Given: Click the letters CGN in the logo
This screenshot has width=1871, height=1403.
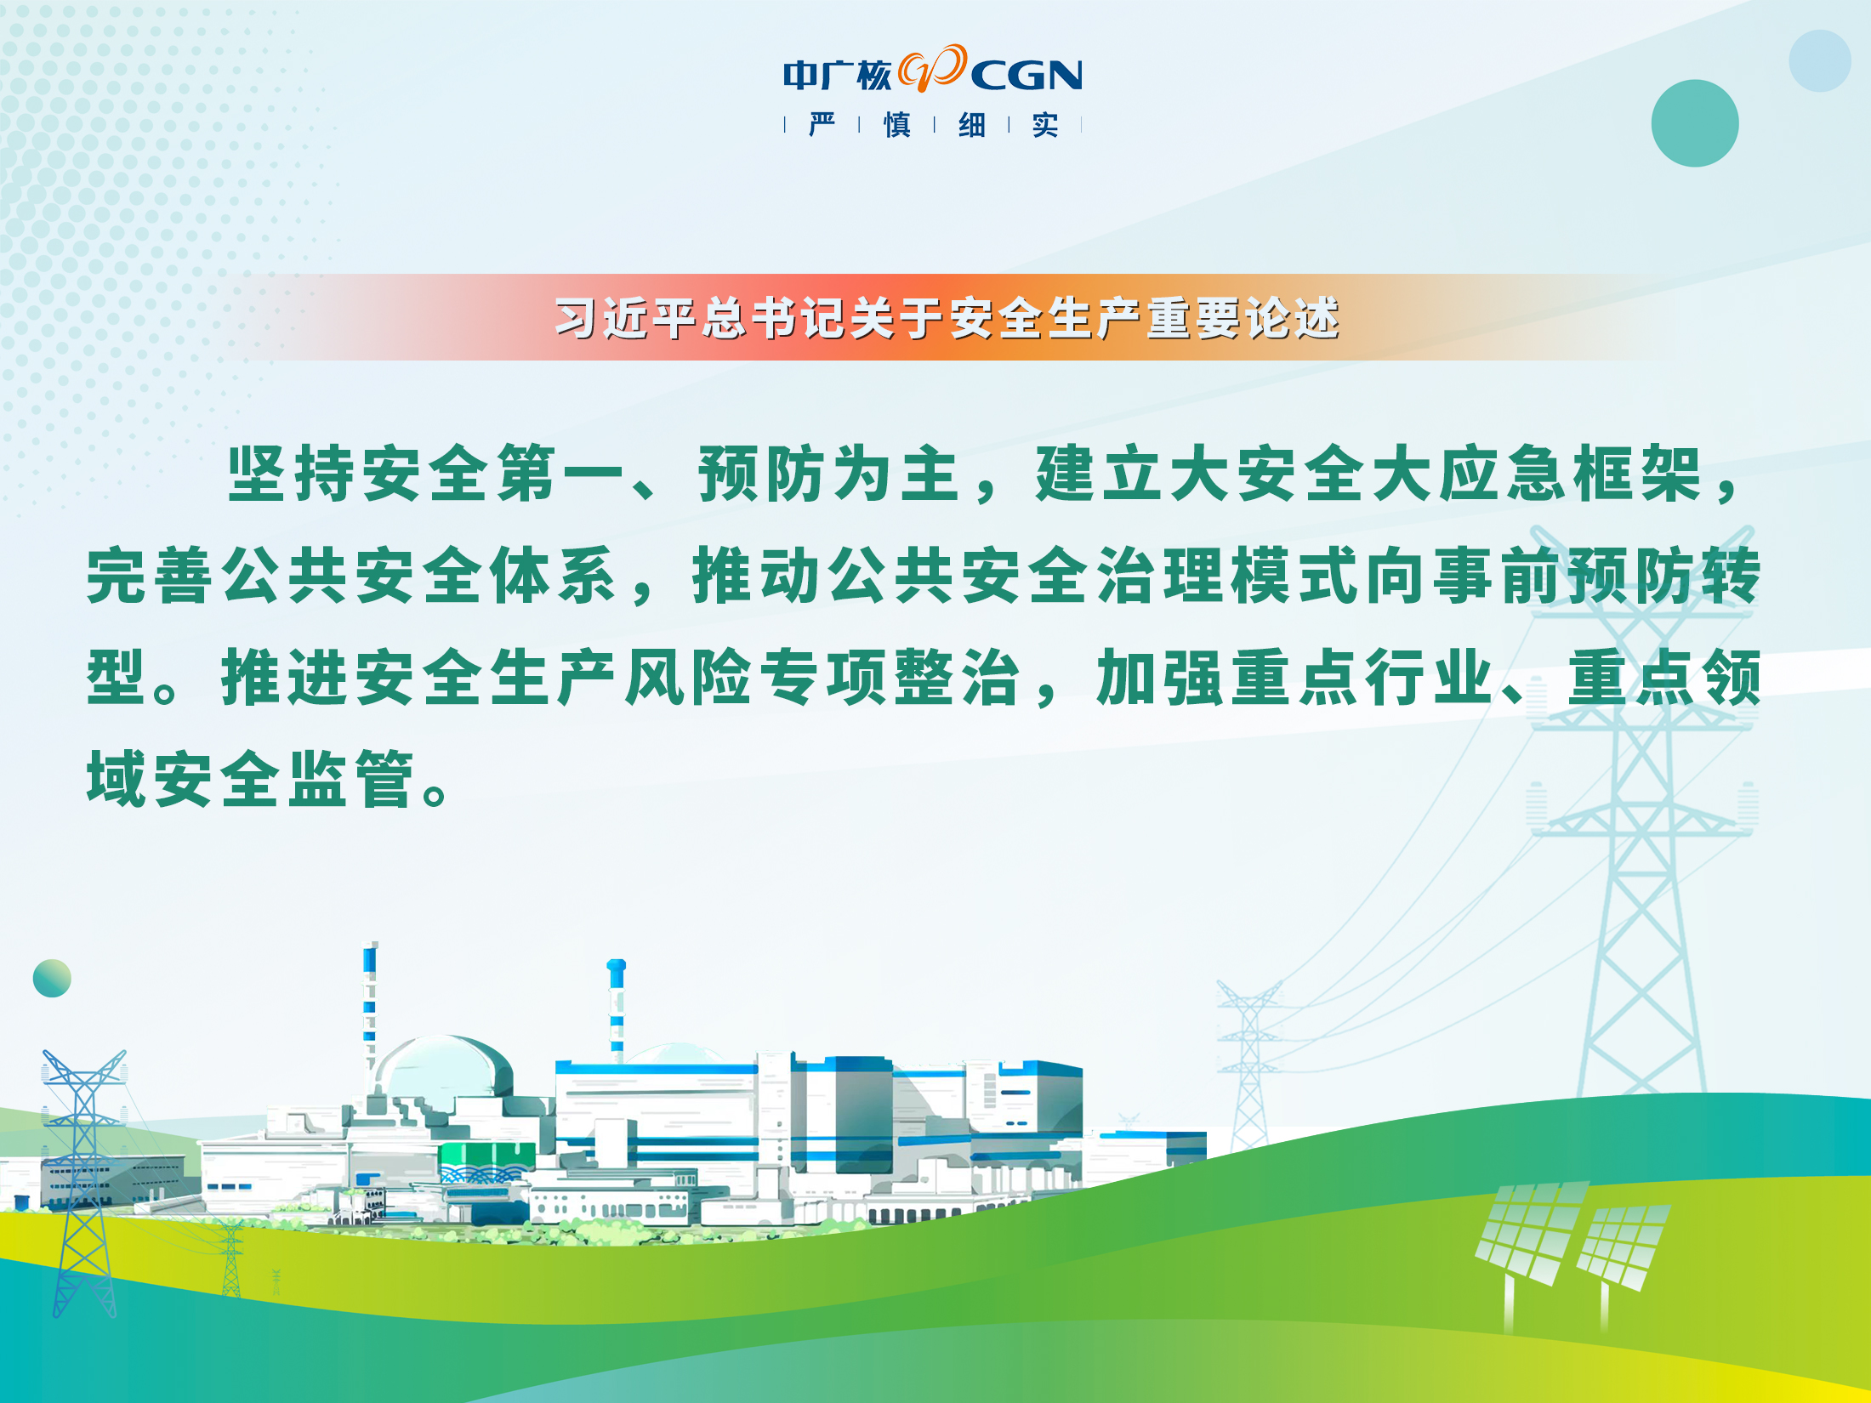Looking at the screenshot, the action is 1026,76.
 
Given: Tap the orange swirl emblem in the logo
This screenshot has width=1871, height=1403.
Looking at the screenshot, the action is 932,68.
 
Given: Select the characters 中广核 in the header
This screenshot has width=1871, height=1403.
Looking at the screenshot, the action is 838,76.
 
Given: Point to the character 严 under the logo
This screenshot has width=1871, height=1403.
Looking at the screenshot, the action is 822,125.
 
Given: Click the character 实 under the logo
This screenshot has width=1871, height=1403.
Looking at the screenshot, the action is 1045,125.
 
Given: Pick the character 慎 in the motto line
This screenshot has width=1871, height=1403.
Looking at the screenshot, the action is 897,125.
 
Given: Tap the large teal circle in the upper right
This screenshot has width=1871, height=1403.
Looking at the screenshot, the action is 1695,123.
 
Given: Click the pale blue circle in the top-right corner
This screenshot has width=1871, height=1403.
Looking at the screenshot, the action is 1820,61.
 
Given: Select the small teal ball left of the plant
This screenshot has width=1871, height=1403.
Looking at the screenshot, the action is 52,978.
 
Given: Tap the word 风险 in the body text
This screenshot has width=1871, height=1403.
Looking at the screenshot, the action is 689,678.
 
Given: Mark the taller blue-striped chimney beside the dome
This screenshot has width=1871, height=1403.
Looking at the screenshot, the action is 370,1008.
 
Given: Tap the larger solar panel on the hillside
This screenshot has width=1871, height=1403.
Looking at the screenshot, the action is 1530,1233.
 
